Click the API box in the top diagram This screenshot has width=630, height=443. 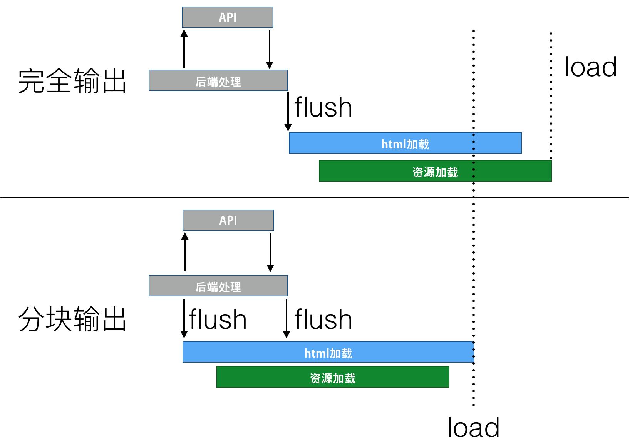[227, 17]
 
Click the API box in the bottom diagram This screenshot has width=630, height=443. [228, 220]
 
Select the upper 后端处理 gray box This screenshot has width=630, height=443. [218, 81]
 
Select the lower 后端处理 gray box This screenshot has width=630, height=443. [218, 286]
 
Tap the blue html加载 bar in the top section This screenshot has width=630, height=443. [405, 143]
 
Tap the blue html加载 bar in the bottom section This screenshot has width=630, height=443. [328, 352]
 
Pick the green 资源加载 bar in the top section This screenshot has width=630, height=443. [435, 171]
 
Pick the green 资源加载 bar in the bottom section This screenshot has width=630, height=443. [332, 377]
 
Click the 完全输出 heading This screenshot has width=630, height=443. [72, 81]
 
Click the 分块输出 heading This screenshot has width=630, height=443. [72, 319]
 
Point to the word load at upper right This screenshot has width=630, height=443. [590, 67]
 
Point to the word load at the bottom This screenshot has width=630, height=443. [473, 427]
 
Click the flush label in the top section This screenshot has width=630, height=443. [323, 107]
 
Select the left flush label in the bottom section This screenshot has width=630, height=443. [218, 319]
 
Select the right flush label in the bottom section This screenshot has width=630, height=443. [323, 319]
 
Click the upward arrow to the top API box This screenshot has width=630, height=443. [184, 49]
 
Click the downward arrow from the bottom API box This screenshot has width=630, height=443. [270, 252]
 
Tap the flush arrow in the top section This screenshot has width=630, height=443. [288, 112]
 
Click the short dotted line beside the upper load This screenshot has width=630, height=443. [551, 96]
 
